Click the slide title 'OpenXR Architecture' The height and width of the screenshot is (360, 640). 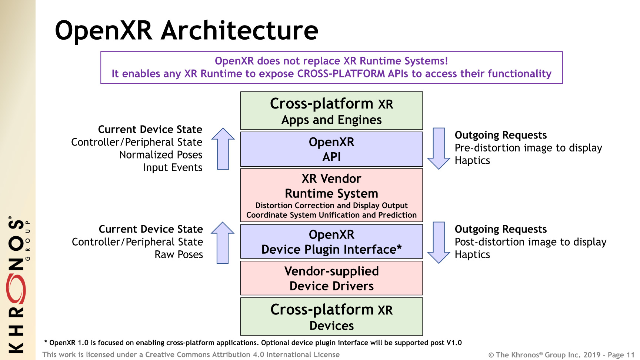click(186, 30)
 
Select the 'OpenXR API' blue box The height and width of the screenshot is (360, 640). click(331, 149)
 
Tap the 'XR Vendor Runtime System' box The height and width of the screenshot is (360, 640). click(331, 195)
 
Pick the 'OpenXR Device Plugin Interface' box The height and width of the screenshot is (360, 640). click(331, 241)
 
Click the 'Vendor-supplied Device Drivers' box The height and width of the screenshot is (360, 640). click(331, 278)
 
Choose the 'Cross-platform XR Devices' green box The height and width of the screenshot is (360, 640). click(331, 317)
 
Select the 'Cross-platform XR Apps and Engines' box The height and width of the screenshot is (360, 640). click(331, 111)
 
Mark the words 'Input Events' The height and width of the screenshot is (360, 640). click(173, 168)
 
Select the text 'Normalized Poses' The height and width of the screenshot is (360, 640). click(161, 155)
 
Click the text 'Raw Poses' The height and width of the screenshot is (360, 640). click(179, 255)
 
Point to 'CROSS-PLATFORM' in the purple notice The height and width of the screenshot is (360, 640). click(341, 74)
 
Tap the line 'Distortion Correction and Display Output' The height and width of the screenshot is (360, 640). click(331, 206)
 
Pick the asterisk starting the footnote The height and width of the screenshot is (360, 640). click(46, 342)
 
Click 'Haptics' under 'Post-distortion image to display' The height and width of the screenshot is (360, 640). click(472, 255)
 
